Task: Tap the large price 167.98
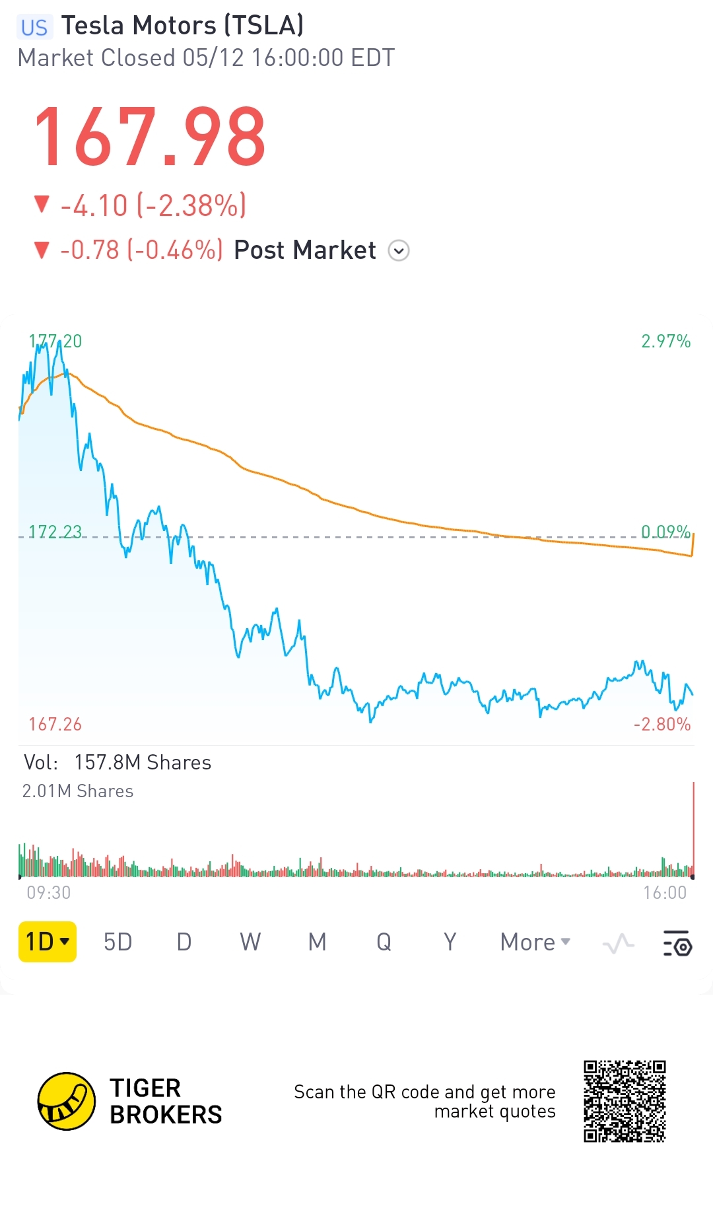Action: tap(150, 137)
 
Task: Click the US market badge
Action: tap(34, 27)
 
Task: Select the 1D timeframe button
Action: tap(48, 941)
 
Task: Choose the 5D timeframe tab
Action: tap(118, 942)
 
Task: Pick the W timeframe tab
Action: tap(250, 942)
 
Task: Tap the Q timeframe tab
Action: tap(384, 942)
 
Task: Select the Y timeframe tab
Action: tap(450, 942)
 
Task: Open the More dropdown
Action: tap(535, 942)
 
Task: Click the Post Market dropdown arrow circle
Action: tap(399, 251)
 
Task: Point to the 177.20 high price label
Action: tap(55, 341)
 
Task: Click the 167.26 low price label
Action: tap(55, 725)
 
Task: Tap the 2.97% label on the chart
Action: tap(665, 341)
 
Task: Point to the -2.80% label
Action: tap(662, 725)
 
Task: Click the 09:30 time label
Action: tap(49, 893)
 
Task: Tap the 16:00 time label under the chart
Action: tap(665, 893)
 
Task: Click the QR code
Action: tap(625, 1101)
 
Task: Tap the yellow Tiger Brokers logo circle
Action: tap(67, 1101)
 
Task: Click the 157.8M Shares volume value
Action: tap(143, 763)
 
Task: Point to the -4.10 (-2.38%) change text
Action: tap(153, 205)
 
